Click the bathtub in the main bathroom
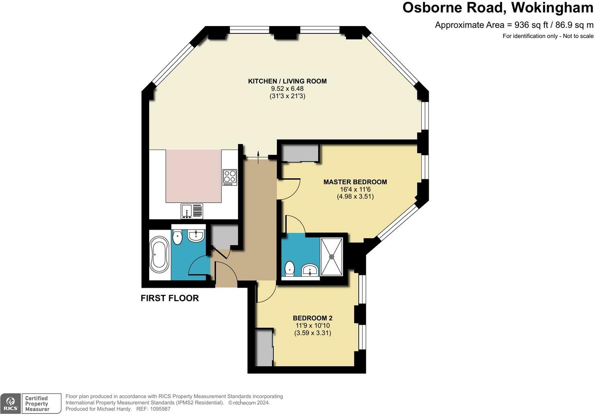[x=159, y=255]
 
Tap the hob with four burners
[x=230, y=177]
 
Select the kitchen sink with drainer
[x=192, y=211]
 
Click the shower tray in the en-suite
[x=332, y=257]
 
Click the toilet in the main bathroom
[x=177, y=237]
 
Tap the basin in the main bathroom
[x=196, y=236]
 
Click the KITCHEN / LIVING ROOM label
[x=287, y=81]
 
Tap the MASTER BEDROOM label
[x=355, y=182]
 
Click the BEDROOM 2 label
[x=312, y=318]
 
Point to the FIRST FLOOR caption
[x=170, y=298]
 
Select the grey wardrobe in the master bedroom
[x=300, y=153]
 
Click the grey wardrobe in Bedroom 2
[x=264, y=348]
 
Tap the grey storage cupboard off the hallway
[x=224, y=237]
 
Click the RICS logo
[x=11, y=404]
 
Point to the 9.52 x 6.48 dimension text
[x=287, y=89]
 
